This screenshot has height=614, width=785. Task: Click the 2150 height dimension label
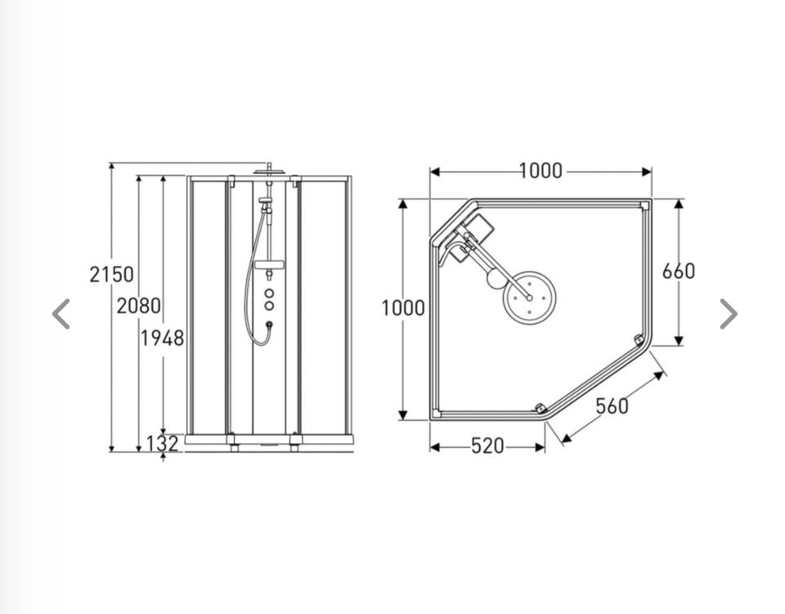coord(112,274)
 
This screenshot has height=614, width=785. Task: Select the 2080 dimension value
coord(139,306)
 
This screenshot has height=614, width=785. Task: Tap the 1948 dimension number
coord(162,338)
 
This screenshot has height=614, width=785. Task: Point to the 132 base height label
coord(162,444)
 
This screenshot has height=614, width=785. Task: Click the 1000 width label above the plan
coord(541,171)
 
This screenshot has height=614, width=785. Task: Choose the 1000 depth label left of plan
coord(403,307)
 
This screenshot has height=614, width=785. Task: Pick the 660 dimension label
coord(679,271)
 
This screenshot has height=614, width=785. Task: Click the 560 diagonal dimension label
coord(612,406)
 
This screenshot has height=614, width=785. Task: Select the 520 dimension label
coord(487,446)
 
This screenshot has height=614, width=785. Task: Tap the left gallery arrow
coord(61,314)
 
